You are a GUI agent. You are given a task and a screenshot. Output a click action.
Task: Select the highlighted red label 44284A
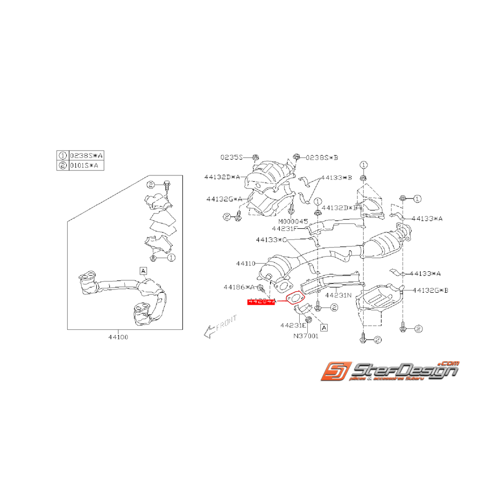[261, 302]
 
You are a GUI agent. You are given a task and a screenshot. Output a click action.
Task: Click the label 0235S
[231, 157]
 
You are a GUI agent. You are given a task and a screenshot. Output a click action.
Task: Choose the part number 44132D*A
[222, 176]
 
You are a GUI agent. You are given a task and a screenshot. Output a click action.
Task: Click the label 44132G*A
[224, 199]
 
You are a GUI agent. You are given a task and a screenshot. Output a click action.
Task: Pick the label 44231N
[337, 295]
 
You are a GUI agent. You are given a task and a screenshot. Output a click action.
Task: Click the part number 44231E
[294, 325]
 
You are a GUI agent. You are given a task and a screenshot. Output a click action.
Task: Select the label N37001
[305, 336]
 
